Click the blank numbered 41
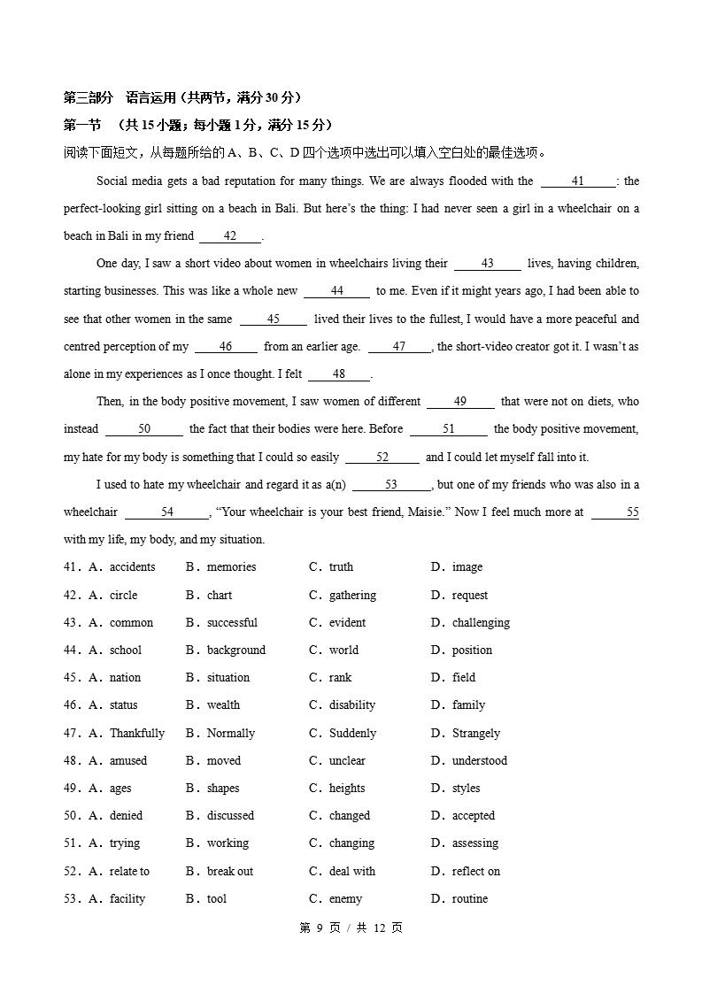click(577, 181)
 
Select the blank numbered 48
click(339, 374)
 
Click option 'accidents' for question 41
click(132, 567)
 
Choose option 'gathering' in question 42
click(352, 596)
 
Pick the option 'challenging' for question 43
click(481, 623)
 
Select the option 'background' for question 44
click(235, 650)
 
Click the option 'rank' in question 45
click(340, 678)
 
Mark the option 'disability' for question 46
click(352, 705)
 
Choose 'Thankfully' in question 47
click(136, 734)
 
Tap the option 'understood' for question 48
click(480, 761)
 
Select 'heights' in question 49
click(347, 789)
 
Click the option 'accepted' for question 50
click(474, 816)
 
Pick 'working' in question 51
click(228, 843)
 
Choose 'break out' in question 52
click(230, 872)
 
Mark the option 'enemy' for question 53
click(345, 899)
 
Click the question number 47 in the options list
click(72, 734)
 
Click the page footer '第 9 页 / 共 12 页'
click(351, 928)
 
